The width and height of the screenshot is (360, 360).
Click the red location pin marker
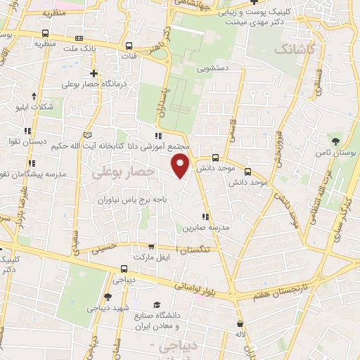click(x=181, y=165)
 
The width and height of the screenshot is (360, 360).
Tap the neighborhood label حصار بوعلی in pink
click(x=121, y=171)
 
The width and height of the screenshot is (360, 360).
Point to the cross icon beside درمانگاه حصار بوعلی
click(x=93, y=73)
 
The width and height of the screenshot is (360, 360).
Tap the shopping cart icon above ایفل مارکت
click(x=151, y=246)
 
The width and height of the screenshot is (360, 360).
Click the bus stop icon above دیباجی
click(x=124, y=269)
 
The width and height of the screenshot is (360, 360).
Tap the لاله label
click(x=240, y=335)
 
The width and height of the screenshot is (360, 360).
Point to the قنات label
click(x=130, y=55)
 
